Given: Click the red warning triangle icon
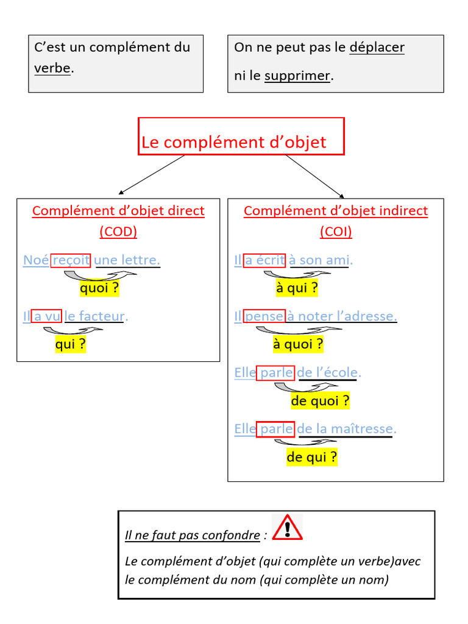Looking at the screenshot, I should [287, 527].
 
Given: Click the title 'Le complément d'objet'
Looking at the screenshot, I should [234, 142].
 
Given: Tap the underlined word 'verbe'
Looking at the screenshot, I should [52, 68].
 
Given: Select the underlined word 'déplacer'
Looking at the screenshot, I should [377, 48].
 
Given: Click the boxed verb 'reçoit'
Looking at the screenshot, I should [71, 260].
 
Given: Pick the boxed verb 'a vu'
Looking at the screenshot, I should [46, 316].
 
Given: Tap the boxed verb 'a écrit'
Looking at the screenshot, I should [264, 260].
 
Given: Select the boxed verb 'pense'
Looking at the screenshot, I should [263, 316].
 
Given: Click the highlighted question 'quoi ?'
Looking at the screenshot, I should [99, 288].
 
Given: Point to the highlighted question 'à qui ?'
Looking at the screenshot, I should [297, 288].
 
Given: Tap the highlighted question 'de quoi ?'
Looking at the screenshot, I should [320, 401].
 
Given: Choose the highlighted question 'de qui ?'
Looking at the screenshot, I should [311, 457].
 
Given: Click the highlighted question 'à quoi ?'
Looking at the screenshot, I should [298, 344].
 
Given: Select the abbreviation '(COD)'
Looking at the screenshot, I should [118, 232].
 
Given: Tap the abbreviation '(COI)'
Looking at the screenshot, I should [336, 232].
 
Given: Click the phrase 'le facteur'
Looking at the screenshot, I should [94, 316].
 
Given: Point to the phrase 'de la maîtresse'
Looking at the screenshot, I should [346, 429].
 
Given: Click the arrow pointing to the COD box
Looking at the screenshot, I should [151, 174].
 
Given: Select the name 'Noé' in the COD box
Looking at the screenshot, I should [36, 260].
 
